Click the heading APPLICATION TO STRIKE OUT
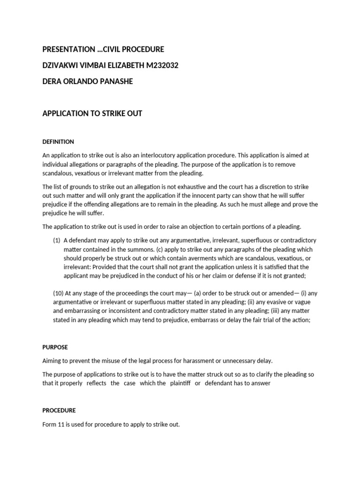[x=92, y=113]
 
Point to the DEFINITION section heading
[x=58, y=141]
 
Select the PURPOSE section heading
[x=55, y=347]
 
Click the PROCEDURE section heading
[x=59, y=410]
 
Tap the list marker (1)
[x=56, y=240]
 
